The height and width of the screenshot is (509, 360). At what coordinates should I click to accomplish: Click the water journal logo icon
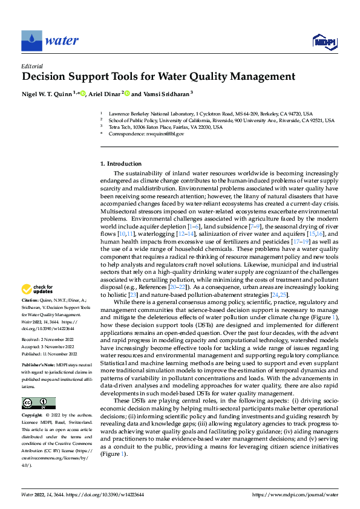pyautogui.click(x=31, y=41)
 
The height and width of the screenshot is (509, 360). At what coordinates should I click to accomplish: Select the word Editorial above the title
pyautogui.click(x=31, y=66)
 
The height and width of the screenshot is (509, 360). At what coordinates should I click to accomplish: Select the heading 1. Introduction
pyautogui.click(x=121, y=164)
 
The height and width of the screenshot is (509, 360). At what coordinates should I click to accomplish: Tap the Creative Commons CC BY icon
pyautogui.click(x=38, y=386)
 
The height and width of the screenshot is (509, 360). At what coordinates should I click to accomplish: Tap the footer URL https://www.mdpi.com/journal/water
pyautogui.click(x=295, y=494)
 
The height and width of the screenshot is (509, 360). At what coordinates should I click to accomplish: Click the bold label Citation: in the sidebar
pyautogui.click(x=31, y=299)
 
